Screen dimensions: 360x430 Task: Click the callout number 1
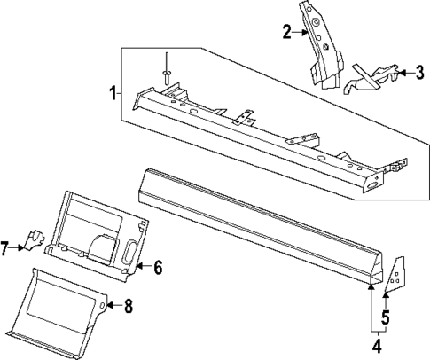(113, 92)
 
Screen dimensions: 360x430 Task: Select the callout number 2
(287, 33)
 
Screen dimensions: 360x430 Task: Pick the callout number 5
(387, 317)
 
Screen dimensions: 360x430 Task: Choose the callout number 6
(159, 266)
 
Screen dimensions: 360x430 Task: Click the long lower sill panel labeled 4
(257, 226)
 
